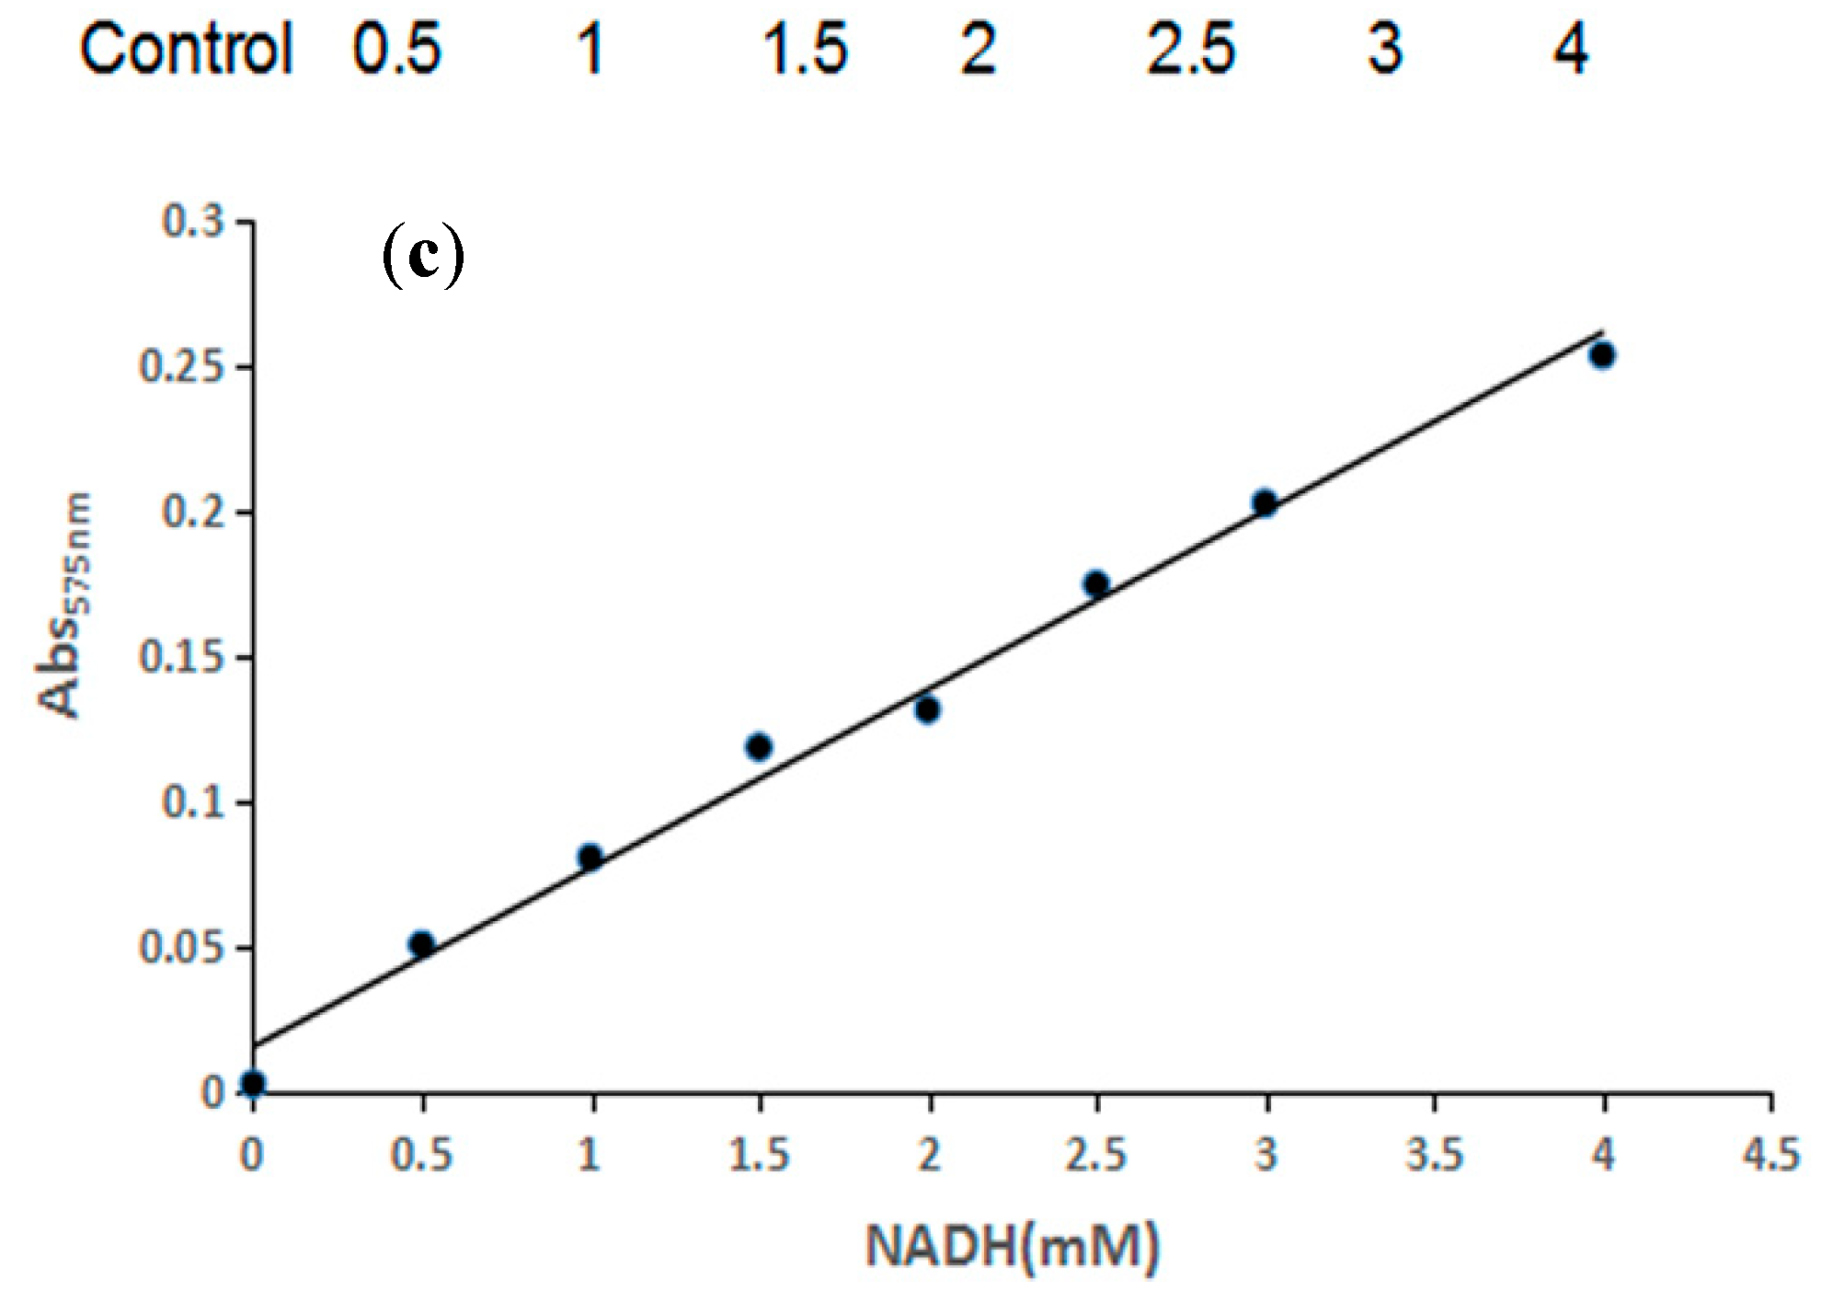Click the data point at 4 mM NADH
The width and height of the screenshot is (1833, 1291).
click(x=1602, y=355)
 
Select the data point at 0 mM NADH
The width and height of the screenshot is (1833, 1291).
click(x=253, y=1084)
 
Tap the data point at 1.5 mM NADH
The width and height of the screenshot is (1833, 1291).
click(x=759, y=746)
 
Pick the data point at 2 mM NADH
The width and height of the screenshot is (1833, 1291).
click(x=927, y=709)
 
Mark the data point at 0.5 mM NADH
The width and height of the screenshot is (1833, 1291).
click(x=421, y=944)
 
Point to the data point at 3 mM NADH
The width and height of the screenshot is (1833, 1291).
click(x=1265, y=502)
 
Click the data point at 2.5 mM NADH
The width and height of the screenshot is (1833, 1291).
click(x=1095, y=583)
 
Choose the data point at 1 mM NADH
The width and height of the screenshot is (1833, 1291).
click(x=590, y=858)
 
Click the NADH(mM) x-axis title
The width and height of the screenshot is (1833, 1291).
click(x=1012, y=1247)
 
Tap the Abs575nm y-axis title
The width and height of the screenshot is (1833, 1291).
click(x=64, y=605)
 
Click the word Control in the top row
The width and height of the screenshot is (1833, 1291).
click(x=185, y=50)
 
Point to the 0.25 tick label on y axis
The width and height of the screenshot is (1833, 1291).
click(x=181, y=367)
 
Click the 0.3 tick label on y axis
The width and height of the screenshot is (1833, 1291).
click(x=192, y=222)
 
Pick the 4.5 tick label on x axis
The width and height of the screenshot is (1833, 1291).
click(x=1771, y=1154)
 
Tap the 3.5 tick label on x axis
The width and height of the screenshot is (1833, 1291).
click(x=1434, y=1154)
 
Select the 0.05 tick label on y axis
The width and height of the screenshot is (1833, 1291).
click(x=181, y=948)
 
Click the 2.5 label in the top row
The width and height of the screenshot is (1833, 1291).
click(x=1190, y=50)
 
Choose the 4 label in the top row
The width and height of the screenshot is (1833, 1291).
click(x=1571, y=50)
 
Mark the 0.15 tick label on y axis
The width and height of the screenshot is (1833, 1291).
click(x=181, y=658)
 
